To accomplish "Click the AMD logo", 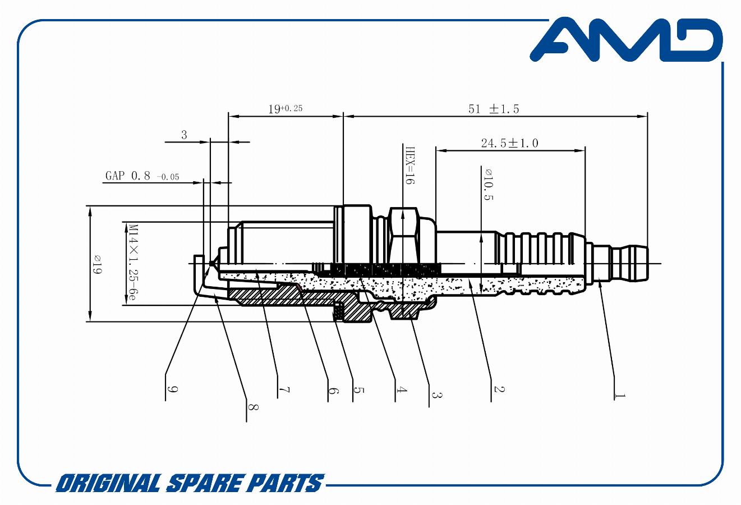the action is point(626,40).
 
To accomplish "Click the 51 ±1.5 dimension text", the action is point(494,109).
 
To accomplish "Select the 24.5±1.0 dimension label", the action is point(509,143).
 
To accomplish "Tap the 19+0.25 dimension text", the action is point(285,108).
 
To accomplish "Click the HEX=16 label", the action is point(410,166).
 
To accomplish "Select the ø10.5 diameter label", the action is point(488,185).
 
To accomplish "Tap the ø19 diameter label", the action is point(97,264).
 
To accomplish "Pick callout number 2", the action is point(499,389).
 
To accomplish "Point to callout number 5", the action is point(358,390).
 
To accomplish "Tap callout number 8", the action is point(253,407).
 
